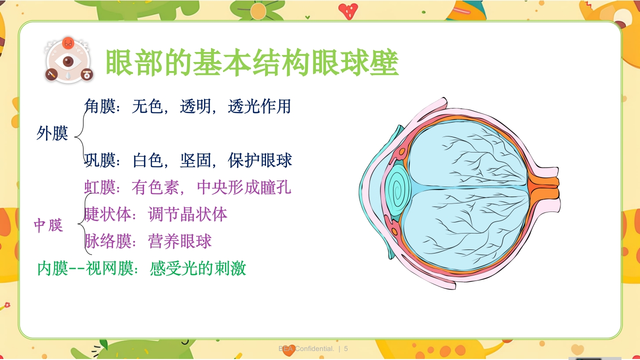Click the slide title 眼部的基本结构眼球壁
pyautogui.click(x=252, y=63)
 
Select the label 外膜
pyautogui.click(x=52, y=133)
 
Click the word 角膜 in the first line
pyautogui.click(x=99, y=106)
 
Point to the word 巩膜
pyautogui.click(x=99, y=160)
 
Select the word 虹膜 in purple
pyautogui.click(x=99, y=187)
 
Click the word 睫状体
pyautogui.click(x=107, y=214)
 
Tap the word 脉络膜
pyautogui.click(x=107, y=241)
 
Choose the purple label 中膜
pyautogui.click(x=48, y=225)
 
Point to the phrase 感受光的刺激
pyautogui.click(x=198, y=268)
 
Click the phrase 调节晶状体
pyautogui.click(x=188, y=214)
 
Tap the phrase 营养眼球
pyautogui.click(x=180, y=241)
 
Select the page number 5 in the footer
pyautogui.click(x=346, y=348)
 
